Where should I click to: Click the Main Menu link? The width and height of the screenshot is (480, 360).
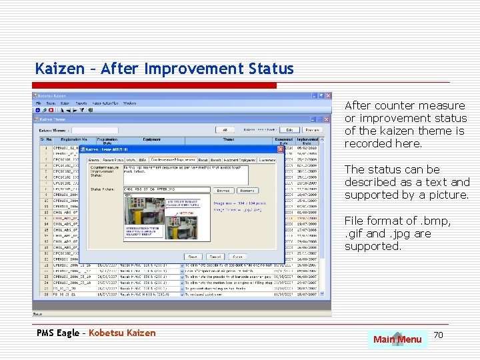click(397, 340)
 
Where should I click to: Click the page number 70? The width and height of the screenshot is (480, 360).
click(438, 333)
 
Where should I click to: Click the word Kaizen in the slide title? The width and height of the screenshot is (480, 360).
click(60, 69)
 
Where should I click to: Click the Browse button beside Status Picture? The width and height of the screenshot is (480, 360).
click(222, 190)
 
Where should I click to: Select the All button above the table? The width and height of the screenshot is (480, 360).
click(225, 130)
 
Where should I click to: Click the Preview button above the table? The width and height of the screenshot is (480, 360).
click(311, 130)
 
